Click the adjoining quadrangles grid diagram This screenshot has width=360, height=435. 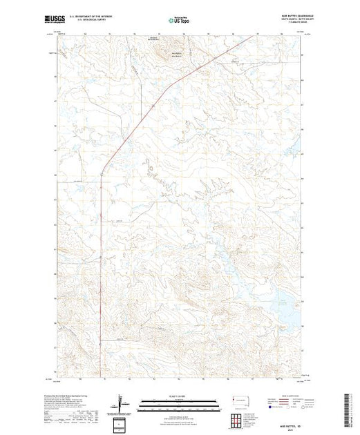[238, 420]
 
